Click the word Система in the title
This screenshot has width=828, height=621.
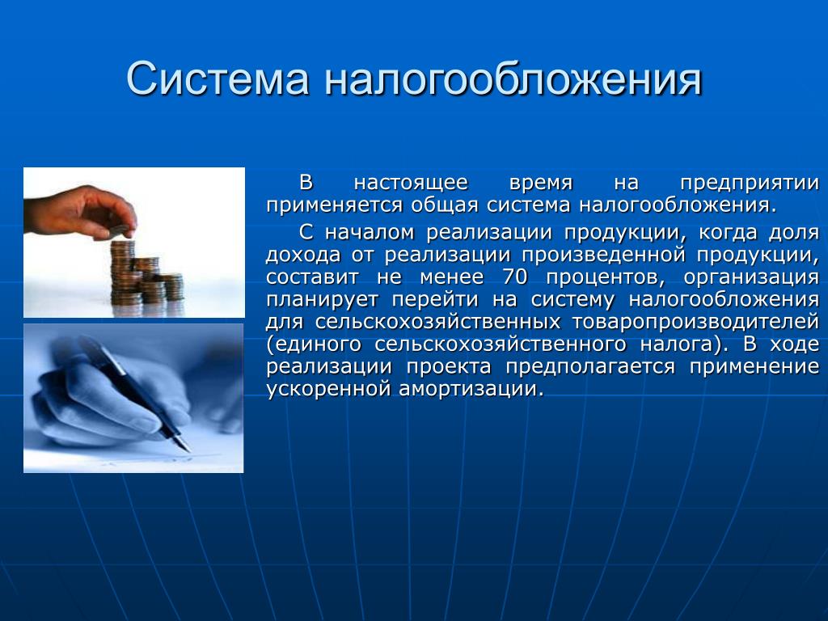pos(217,78)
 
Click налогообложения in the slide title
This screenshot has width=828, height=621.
pos(513,78)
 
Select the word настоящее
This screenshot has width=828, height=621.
pos(411,184)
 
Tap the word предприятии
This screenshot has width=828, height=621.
pos(750,184)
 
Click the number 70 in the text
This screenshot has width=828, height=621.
pos(514,277)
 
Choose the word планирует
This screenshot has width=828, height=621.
pos(322,300)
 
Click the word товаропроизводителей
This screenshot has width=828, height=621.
pos(695,322)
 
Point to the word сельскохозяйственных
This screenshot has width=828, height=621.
pos(437,322)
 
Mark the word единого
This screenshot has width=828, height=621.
pos(315,344)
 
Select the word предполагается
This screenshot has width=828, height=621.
pos(590,367)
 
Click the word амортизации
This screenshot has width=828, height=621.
pos(471,389)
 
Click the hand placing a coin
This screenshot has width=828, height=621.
pos(79,211)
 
